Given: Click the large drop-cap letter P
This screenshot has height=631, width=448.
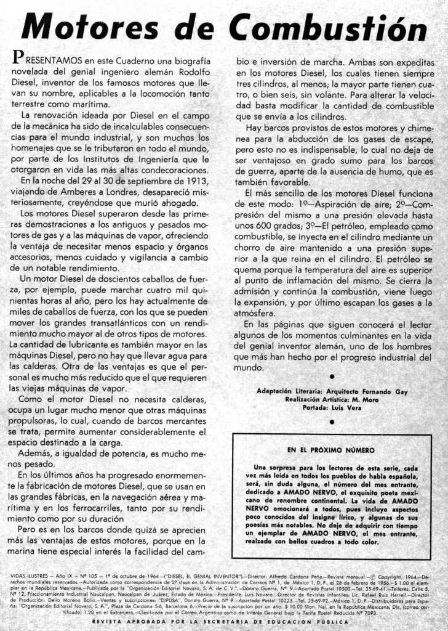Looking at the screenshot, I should pyautogui.click(x=18, y=59).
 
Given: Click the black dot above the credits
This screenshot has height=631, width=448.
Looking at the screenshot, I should pyautogui.click(x=332, y=377).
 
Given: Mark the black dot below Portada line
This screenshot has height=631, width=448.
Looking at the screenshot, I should pyautogui.click(x=332, y=422).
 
